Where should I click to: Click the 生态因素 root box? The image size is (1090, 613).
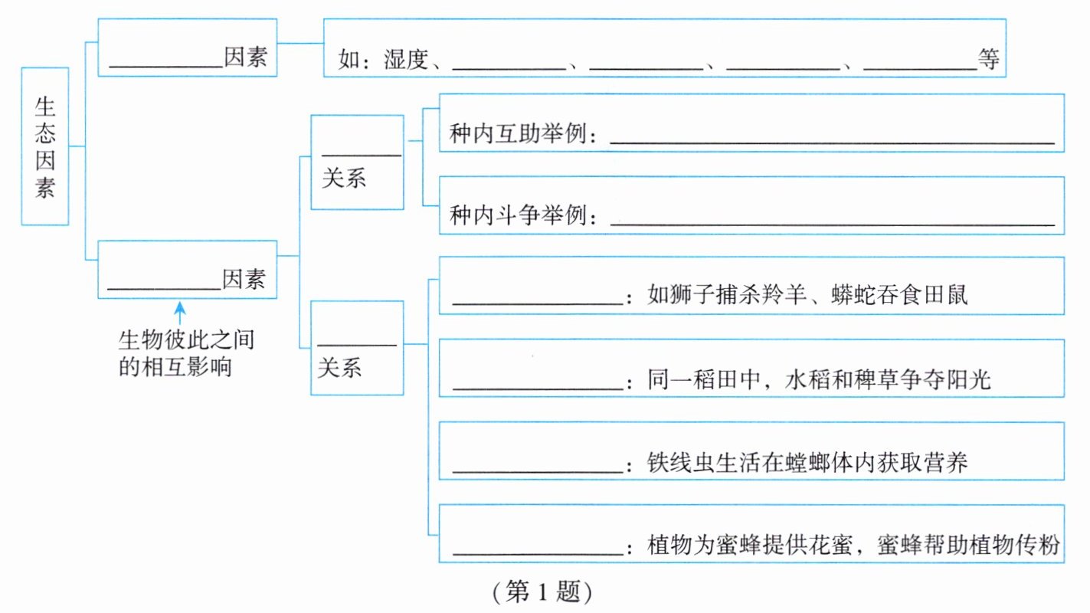45,146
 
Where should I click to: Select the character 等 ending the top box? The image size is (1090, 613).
989,61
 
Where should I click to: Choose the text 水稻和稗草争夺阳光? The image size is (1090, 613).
889,379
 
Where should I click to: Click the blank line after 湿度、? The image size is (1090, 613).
509,64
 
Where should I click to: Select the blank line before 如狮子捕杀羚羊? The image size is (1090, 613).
536,300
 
